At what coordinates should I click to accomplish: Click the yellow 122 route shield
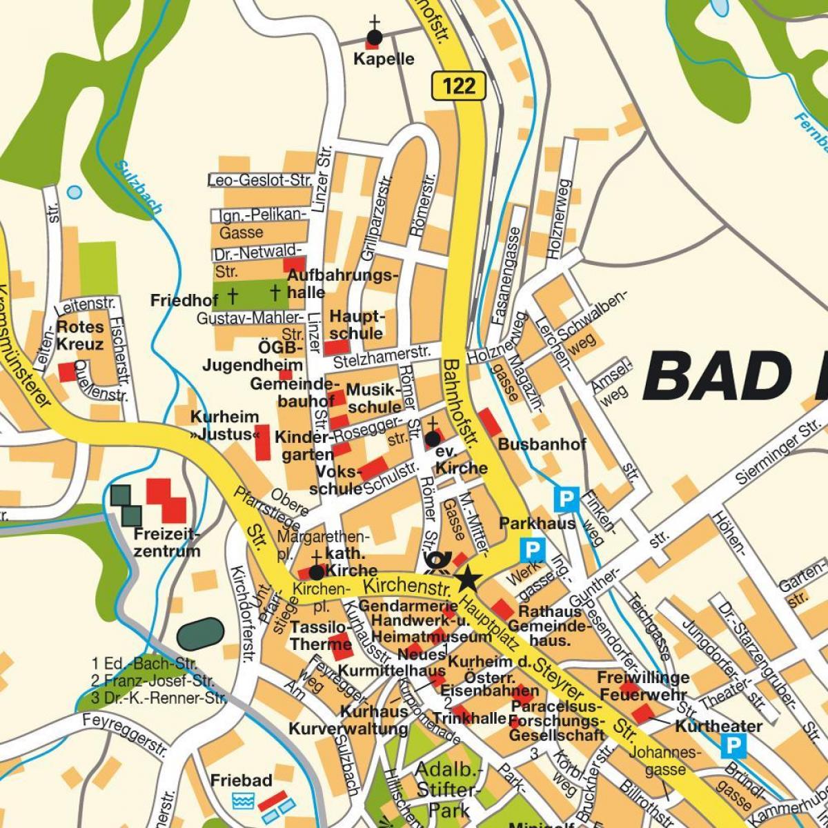[x=459, y=85]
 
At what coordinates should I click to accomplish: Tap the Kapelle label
[x=384, y=59]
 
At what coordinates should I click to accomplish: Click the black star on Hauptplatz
[x=469, y=578]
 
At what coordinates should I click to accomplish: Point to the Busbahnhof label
[x=542, y=444]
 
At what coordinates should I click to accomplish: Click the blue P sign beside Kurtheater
[x=733, y=745]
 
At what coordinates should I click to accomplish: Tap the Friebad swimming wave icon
[x=243, y=801]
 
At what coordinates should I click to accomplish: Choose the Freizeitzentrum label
[x=167, y=542]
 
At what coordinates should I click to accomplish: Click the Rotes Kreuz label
[x=80, y=335]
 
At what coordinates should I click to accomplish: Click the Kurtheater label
[x=718, y=726]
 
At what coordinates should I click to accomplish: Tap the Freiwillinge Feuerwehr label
[x=643, y=686]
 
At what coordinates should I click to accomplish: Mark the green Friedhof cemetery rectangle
[x=250, y=294]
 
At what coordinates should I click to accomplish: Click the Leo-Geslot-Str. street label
[x=260, y=180]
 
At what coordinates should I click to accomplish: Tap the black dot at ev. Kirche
[x=433, y=439]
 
